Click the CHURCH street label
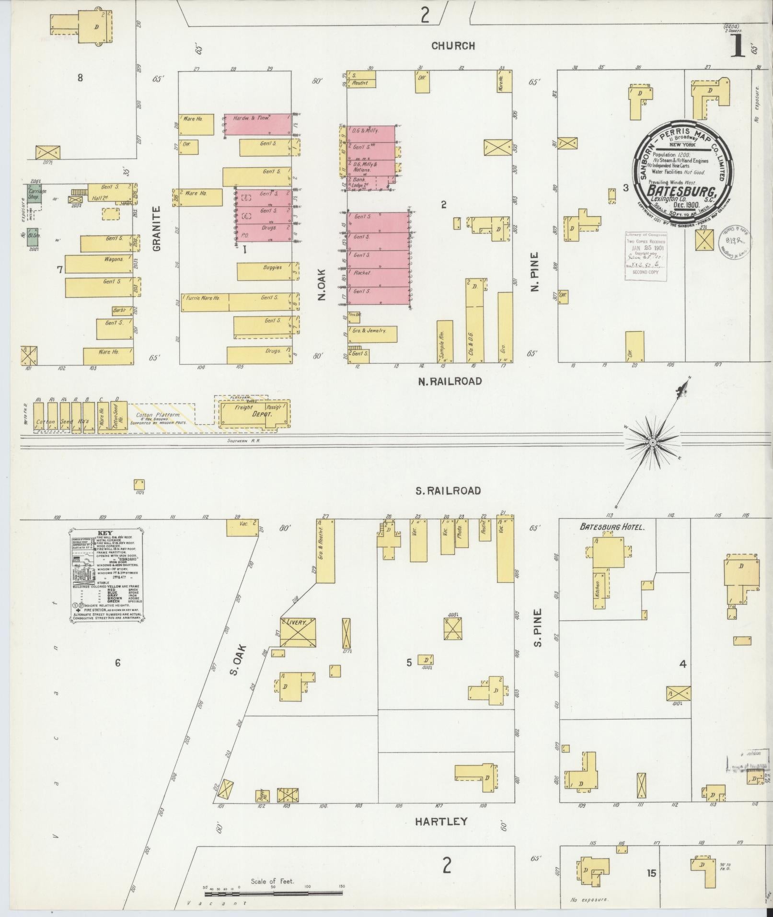[x=453, y=46]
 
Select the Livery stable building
[x=298, y=633]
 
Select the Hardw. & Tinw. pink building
[x=258, y=125]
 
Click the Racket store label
[x=362, y=273]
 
